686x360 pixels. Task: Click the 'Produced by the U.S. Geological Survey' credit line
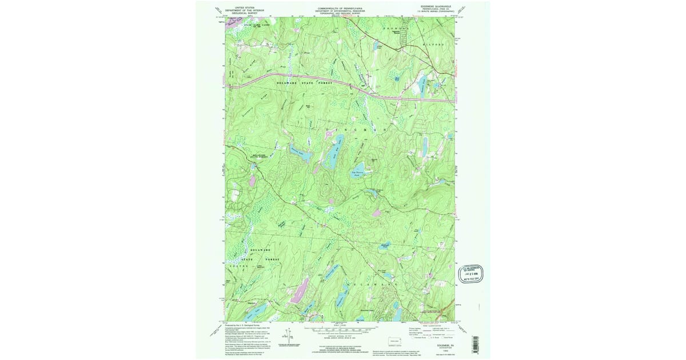pos(247,323)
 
